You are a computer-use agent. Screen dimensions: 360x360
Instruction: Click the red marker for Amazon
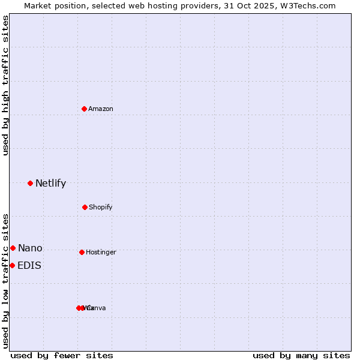coord(85,109)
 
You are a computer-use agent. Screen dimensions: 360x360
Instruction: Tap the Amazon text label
coord(101,109)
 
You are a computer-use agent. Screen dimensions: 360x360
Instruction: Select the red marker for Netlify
coord(30,183)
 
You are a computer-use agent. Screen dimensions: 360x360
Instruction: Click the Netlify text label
coord(50,184)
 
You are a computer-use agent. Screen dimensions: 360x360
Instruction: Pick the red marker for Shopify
coord(85,207)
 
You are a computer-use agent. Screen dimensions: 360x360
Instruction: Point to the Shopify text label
coord(101,207)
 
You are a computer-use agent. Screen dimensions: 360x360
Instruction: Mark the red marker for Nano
coord(13,248)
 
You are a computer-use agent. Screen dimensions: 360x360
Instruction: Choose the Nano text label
coord(30,248)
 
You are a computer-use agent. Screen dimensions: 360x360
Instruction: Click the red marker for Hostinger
coord(82,252)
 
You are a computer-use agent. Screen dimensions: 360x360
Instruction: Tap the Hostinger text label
coord(101,252)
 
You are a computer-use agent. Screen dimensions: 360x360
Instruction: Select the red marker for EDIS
coord(12,265)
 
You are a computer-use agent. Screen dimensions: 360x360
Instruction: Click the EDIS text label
coord(29,266)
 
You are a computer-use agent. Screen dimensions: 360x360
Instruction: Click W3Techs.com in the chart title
coord(310,5)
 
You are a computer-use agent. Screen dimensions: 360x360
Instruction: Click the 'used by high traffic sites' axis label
coord(5,85)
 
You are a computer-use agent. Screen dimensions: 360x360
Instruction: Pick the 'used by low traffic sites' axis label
coord(5,280)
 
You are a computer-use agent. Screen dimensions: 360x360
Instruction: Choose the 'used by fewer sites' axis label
coord(62,355)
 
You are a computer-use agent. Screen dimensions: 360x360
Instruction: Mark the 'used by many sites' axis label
coord(301,355)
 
